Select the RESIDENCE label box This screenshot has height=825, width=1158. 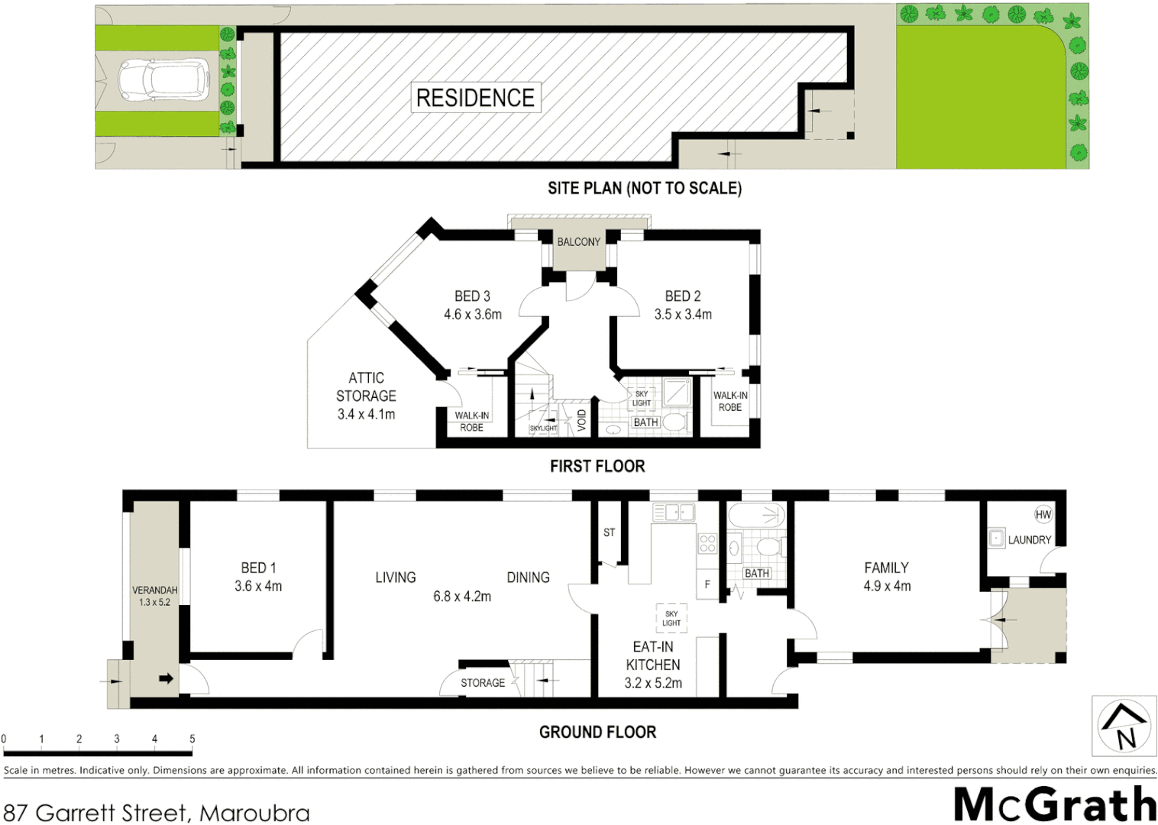point(475,98)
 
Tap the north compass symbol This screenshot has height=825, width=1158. point(1124,726)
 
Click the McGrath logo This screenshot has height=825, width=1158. point(1055,804)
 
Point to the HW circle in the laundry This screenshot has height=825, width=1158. point(1043,515)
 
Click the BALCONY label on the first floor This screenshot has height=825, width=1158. point(578,242)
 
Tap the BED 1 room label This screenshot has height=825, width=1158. point(258,568)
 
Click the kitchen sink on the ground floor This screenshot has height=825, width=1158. point(673,512)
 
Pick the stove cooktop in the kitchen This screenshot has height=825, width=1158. point(707,543)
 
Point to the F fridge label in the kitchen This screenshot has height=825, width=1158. point(707,585)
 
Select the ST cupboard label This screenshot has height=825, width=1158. point(609,532)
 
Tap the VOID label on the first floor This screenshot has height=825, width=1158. point(581,420)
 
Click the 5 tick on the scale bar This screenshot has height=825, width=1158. point(192,739)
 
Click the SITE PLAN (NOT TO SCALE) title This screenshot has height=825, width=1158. point(644,188)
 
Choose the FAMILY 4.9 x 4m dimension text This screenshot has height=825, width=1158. point(887,587)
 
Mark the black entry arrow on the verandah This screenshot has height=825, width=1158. point(166,678)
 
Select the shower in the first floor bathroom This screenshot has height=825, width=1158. point(677,392)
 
